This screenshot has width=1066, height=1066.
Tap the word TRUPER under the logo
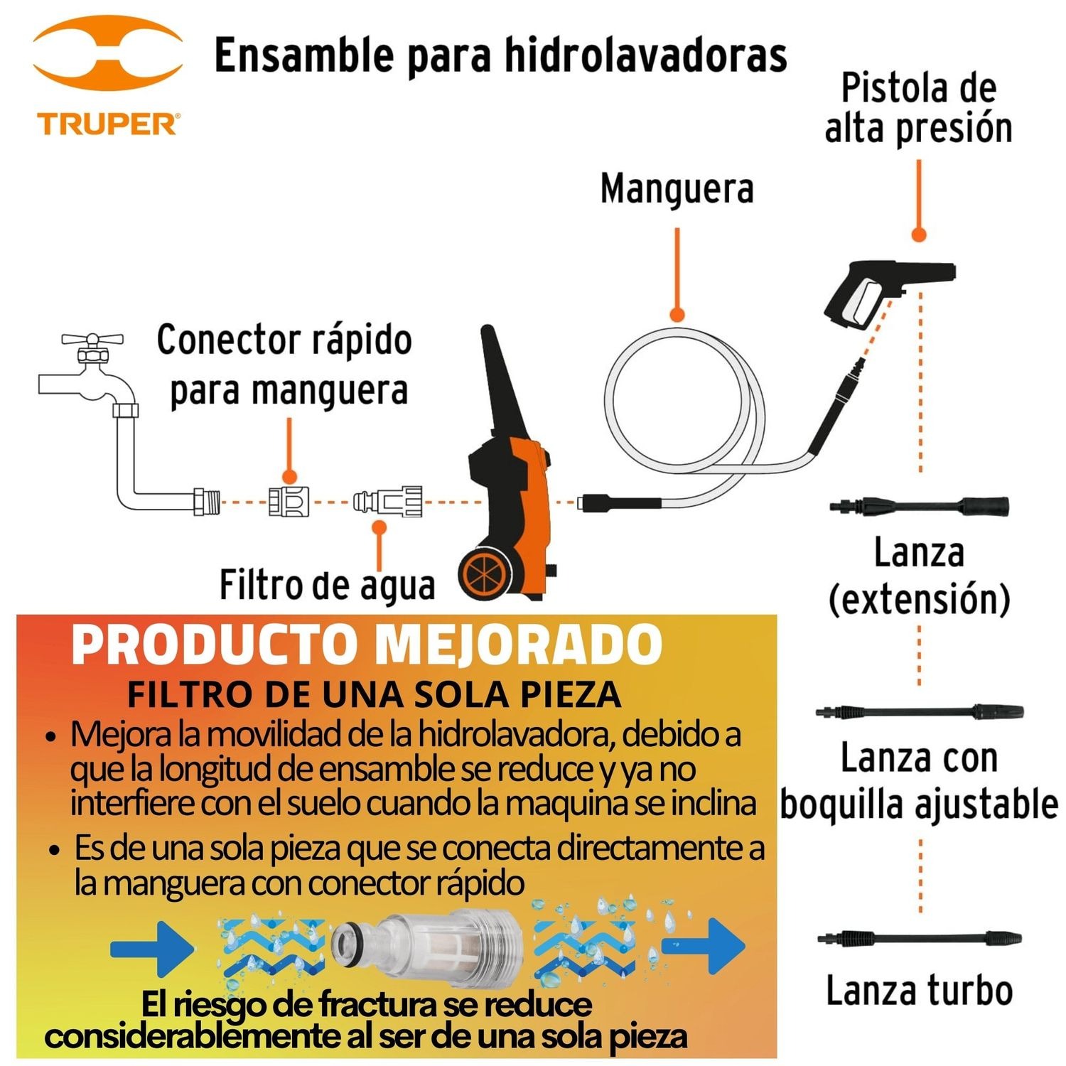point(108,124)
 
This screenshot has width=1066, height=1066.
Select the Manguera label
point(677,189)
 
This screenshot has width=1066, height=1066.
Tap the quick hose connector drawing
point(289,502)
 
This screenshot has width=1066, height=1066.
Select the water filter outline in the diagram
point(388,502)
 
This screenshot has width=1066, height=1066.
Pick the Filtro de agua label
point(327,586)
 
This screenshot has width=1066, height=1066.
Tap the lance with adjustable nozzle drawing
point(920,711)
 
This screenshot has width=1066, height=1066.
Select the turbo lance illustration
point(920,938)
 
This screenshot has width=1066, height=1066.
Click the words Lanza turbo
point(919,991)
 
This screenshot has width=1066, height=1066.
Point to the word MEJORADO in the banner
point(518,645)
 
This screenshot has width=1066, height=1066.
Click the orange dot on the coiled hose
point(677,314)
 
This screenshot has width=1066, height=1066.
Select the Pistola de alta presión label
point(918,108)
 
